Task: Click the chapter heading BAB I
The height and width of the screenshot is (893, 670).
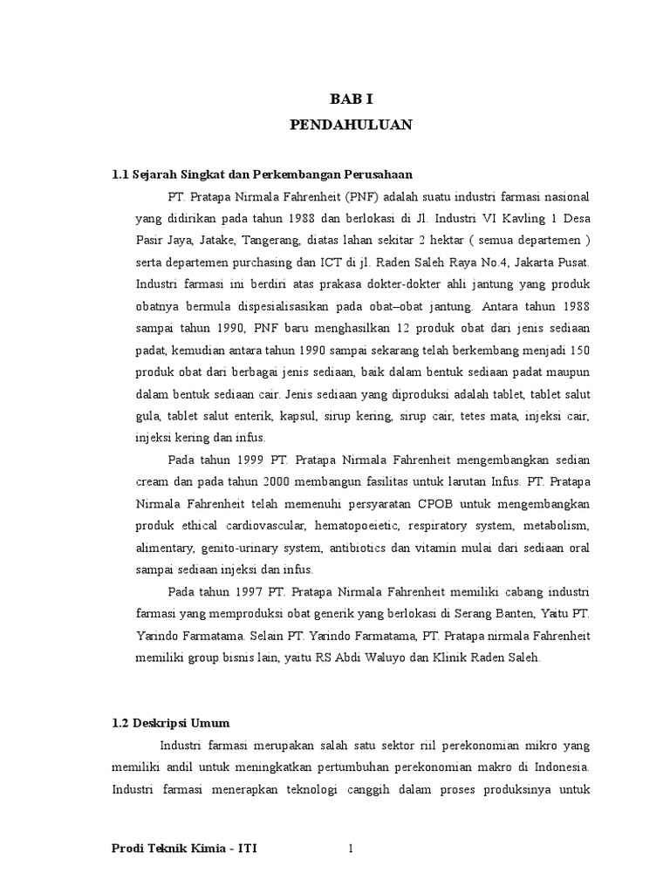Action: [x=350, y=99]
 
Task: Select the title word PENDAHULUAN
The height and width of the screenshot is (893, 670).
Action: [x=350, y=126]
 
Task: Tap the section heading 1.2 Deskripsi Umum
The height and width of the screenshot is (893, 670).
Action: [x=171, y=723]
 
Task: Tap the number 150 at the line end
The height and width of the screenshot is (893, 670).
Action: [x=578, y=350]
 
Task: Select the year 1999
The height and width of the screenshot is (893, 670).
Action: [x=253, y=460]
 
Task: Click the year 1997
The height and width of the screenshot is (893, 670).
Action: [x=253, y=593]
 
